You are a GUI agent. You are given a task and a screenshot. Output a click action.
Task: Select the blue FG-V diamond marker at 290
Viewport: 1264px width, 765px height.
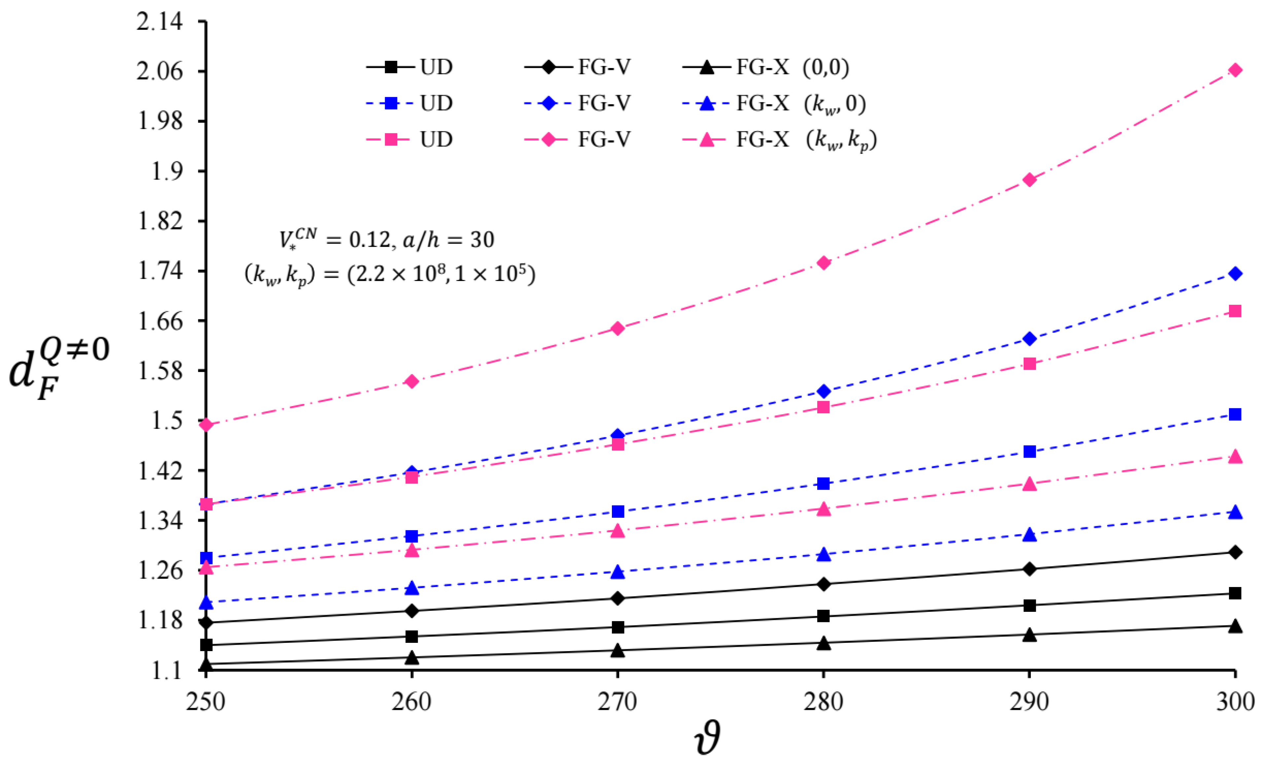click(1029, 339)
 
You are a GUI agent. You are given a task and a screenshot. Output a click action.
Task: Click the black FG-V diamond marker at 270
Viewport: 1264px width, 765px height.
click(617, 598)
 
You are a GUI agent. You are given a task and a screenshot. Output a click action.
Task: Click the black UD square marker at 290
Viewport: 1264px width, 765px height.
click(1029, 606)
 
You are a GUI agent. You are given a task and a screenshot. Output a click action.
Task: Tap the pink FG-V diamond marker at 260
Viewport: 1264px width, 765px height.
click(411, 381)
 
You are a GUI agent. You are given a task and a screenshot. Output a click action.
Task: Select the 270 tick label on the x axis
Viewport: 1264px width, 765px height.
click(617, 702)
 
